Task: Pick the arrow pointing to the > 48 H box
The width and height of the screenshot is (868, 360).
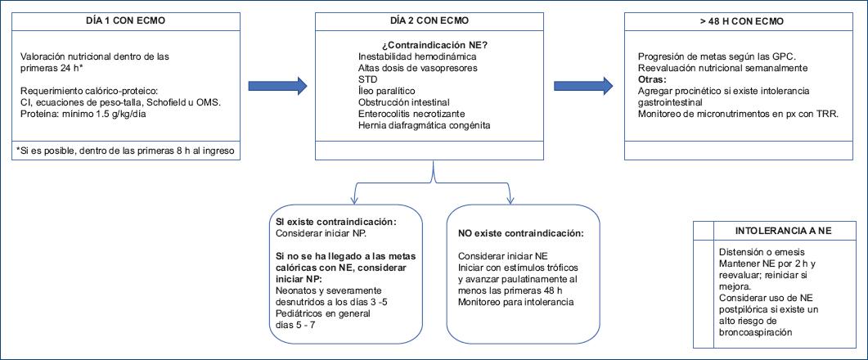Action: click(583, 84)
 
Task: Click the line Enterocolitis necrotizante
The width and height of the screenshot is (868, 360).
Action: click(412, 114)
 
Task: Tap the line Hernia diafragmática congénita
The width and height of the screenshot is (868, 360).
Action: click(424, 125)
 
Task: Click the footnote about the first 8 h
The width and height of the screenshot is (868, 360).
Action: click(128, 151)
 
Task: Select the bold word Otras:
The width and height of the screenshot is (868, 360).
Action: click(652, 79)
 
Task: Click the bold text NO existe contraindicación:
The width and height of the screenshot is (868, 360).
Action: click(520, 233)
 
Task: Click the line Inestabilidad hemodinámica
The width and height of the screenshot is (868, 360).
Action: click(417, 56)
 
